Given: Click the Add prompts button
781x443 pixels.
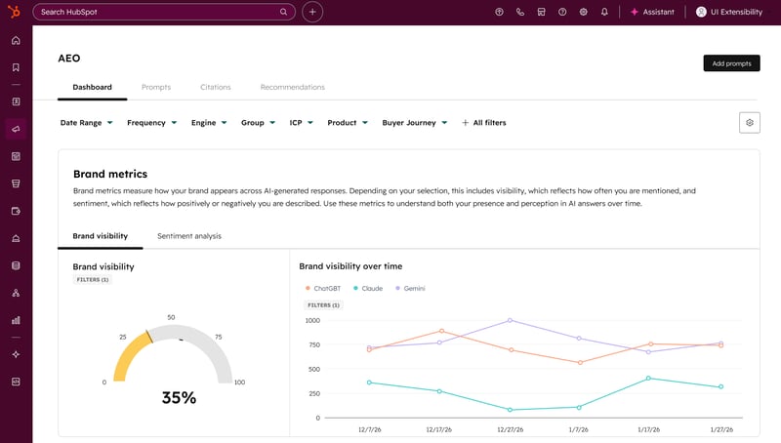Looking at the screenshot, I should pyautogui.click(x=731, y=63).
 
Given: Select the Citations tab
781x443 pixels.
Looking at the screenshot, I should pyautogui.click(x=216, y=88).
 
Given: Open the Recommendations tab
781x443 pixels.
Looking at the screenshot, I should pyautogui.click(x=292, y=88).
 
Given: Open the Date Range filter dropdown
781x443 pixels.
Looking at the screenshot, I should pyautogui.click(x=87, y=123).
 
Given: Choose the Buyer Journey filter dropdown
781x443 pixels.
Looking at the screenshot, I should pyautogui.click(x=415, y=123).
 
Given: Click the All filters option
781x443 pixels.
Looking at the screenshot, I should pyautogui.click(x=483, y=123).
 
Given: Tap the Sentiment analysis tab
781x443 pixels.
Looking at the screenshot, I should pyautogui.click(x=188, y=236).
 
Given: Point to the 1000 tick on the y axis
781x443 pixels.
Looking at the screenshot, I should pyautogui.click(x=311, y=320).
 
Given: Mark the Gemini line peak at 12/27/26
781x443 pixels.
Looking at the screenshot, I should pyautogui.click(x=510, y=320).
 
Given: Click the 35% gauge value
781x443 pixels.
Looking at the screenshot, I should pyautogui.click(x=179, y=398).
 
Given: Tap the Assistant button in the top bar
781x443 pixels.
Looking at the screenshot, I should pyautogui.click(x=652, y=12).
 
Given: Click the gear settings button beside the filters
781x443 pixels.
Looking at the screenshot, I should pyautogui.click(x=750, y=122).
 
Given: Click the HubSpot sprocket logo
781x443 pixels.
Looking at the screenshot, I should pyautogui.click(x=16, y=12).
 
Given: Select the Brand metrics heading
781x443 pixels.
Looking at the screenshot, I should pyautogui.click(x=110, y=174).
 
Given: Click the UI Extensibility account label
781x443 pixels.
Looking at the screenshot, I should pyautogui.click(x=735, y=12).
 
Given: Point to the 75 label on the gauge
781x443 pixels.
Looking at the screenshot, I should pyautogui.click(x=219, y=338).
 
